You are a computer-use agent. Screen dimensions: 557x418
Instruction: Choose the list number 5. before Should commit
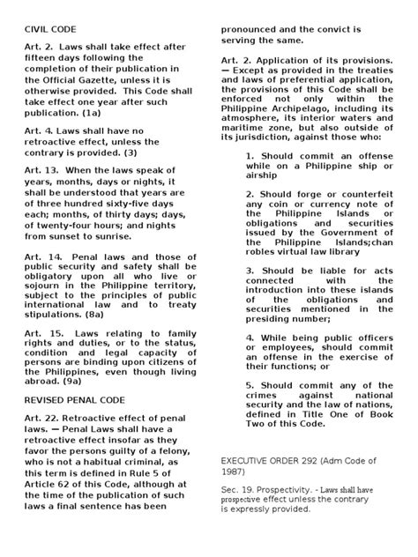click(251, 359)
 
